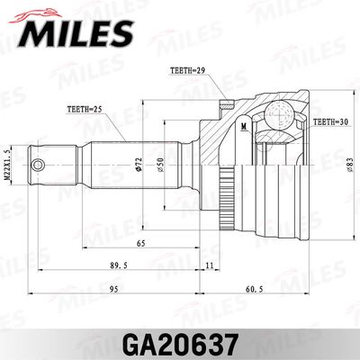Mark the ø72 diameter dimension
coord(138,166)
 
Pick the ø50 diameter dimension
coord(159,166)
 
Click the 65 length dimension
coord(142,243)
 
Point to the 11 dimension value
coord(210,266)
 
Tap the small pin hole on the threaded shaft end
coord(40,166)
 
